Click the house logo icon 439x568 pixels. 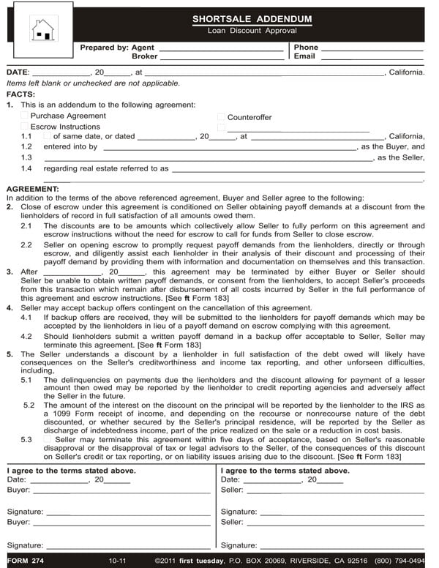pos(42,29)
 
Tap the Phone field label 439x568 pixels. pos(306,48)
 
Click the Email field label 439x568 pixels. pos(304,56)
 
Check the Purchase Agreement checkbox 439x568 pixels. pos(25,116)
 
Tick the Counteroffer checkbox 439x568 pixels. pos(221,117)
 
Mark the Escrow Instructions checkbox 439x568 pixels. pos(25,126)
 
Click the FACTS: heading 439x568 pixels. pos(20,94)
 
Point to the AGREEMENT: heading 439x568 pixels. pos(33,189)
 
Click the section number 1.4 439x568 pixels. pos(26,168)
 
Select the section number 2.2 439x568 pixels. pos(26,245)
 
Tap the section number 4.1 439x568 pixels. pos(26,318)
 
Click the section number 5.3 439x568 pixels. pos(26,439)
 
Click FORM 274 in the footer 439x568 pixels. pos(23,561)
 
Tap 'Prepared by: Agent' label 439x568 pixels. pos(117,48)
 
